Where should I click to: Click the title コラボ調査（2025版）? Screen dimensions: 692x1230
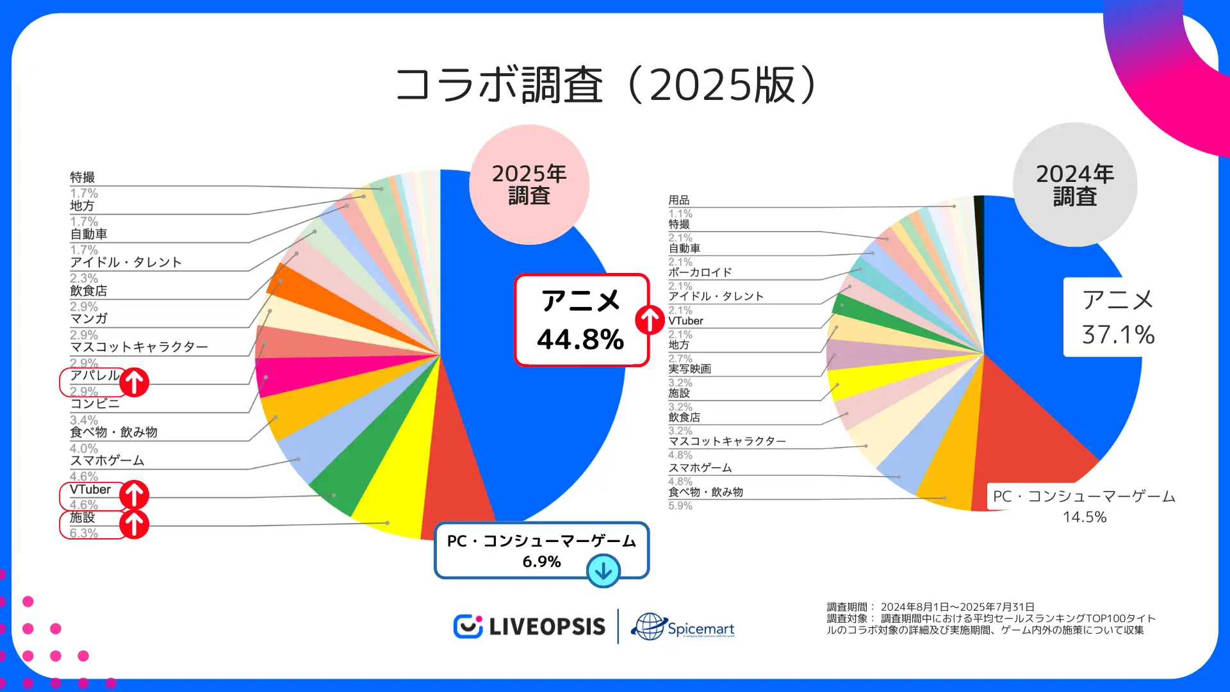pyautogui.click(x=605, y=85)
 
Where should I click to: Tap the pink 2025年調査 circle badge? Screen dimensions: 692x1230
pyautogui.click(x=529, y=185)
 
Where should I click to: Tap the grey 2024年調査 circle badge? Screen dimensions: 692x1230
pyautogui.click(x=1074, y=185)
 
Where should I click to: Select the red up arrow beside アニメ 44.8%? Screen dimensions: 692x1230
pyautogui.click(x=650, y=320)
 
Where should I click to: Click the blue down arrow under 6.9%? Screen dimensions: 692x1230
pyautogui.click(x=603, y=570)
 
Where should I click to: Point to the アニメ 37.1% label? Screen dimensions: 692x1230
pyautogui.click(x=1118, y=317)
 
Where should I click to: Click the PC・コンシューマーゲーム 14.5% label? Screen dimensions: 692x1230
pyautogui.click(x=1084, y=506)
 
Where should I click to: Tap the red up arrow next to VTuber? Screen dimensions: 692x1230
pyautogui.click(x=134, y=495)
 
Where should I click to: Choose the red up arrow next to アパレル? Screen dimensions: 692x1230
pyautogui.click(x=134, y=383)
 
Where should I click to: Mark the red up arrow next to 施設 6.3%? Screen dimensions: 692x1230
pyautogui.click(x=134, y=524)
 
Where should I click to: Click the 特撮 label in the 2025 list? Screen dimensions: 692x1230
pyautogui.click(x=83, y=177)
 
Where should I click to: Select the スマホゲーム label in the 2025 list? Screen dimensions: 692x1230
pyautogui.click(x=107, y=461)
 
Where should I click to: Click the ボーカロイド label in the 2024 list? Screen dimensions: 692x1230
pyautogui.click(x=700, y=272)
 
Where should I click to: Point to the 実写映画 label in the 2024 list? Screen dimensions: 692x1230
pyautogui.click(x=689, y=369)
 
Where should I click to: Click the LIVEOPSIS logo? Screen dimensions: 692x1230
pyautogui.click(x=529, y=627)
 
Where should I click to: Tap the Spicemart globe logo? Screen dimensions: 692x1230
pyautogui.click(x=683, y=627)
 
